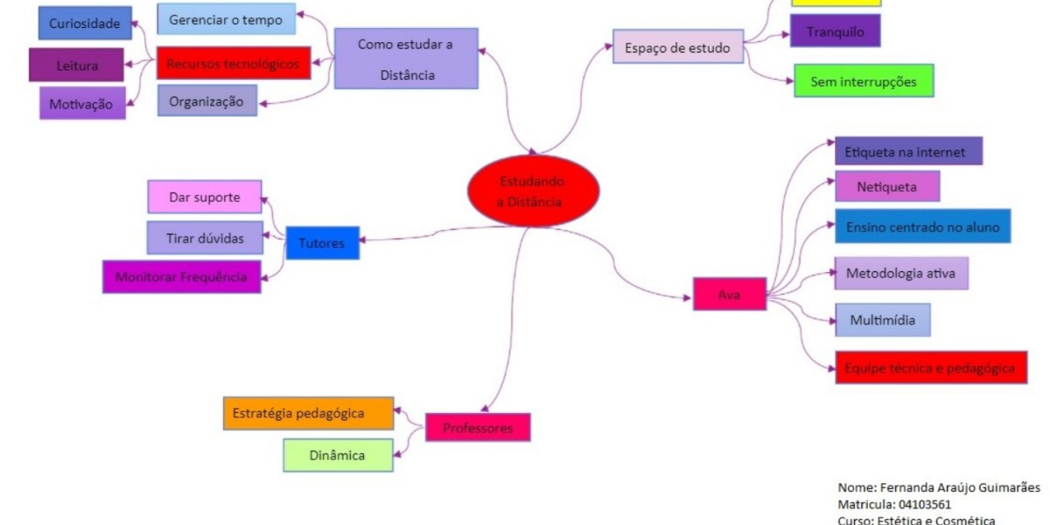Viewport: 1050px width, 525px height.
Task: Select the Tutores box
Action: (322, 243)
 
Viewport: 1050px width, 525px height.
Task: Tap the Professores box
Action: (478, 428)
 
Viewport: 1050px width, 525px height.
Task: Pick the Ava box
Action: (730, 294)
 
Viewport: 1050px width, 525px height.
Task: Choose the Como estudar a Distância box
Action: (406, 58)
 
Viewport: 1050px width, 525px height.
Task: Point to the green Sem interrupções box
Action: (863, 80)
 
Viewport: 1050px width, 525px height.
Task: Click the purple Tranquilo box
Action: (835, 31)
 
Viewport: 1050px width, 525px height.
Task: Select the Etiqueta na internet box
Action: (908, 150)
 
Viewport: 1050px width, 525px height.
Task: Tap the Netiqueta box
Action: (886, 186)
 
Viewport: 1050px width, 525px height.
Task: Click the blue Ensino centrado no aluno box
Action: (922, 226)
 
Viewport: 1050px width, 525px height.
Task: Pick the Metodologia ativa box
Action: (900, 273)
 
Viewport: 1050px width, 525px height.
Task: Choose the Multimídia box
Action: (882, 319)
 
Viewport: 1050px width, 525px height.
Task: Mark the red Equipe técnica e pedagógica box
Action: (930, 367)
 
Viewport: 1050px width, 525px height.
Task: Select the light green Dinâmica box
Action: (337, 455)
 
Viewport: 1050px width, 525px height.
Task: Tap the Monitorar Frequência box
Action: (182, 276)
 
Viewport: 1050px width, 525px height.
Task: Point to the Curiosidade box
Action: (84, 24)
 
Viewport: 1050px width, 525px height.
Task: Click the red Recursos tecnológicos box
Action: (234, 63)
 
